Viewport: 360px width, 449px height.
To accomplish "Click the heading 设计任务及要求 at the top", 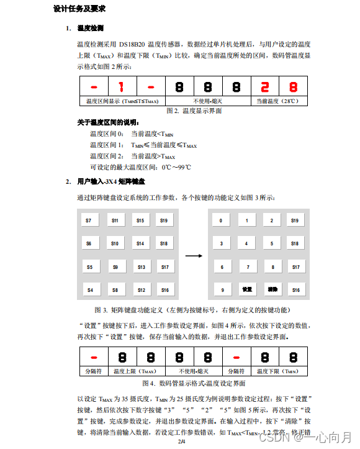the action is [x=79, y=9].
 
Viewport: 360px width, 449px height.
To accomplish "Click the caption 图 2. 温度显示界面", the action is [x=194, y=111].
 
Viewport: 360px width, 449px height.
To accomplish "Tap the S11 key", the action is [x=115, y=220].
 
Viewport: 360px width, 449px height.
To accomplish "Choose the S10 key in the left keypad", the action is [x=115, y=243].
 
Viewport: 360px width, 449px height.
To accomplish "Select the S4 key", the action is [x=89, y=290].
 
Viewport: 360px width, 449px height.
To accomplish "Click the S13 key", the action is [x=141, y=267].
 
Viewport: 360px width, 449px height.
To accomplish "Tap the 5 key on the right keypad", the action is [x=271, y=243].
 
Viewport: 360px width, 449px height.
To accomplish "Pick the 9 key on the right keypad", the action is [x=222, y=290].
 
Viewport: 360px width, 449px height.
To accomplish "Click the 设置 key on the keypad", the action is [x=247, y=290].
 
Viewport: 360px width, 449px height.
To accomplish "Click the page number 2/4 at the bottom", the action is [x=182, y=442].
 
